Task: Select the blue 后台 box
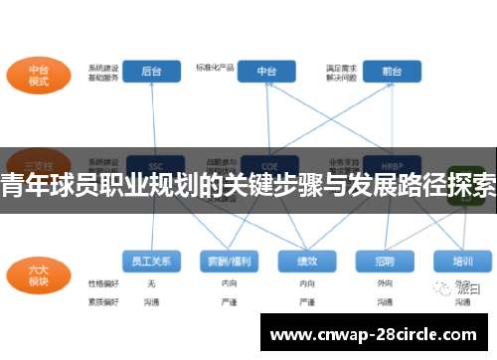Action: pos(152,72)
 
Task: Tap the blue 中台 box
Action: pos(267,72)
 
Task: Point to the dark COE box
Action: pos(267,165)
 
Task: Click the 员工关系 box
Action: pos(151,262)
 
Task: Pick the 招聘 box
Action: pos(384,262)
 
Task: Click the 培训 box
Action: pos(461,262)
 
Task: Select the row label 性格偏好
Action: pos(102,284)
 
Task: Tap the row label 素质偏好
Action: pos(102,300)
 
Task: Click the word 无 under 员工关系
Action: pos(151,284)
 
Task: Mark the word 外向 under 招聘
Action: pos(384,284)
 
